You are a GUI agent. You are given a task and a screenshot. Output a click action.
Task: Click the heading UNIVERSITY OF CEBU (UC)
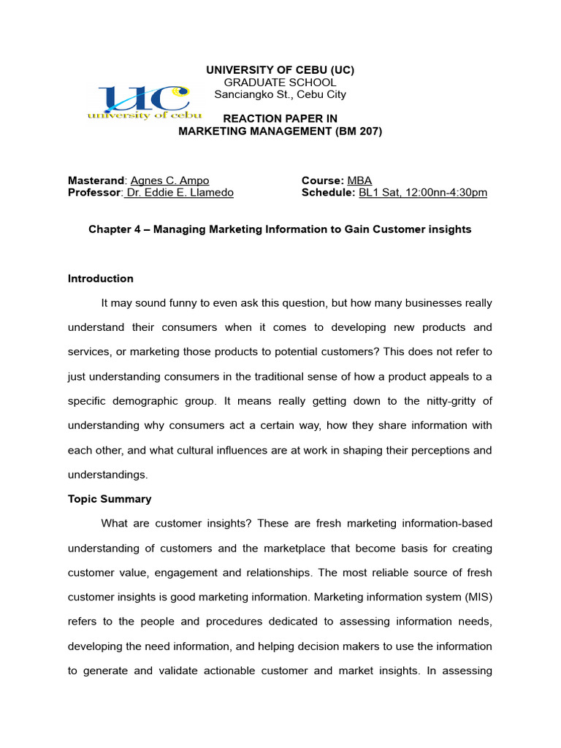(280, 70)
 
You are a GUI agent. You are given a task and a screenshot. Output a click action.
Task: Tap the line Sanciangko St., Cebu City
(280, 94)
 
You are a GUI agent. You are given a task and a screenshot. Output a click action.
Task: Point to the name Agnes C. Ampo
(169, 180)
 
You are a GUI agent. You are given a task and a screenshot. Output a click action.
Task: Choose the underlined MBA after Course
(359, 180)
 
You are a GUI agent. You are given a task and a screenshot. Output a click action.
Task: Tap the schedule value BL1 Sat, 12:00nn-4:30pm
(422, 193)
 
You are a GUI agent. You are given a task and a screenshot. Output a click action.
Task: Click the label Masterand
(96, 180)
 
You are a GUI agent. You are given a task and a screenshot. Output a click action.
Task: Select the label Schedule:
(328, 193)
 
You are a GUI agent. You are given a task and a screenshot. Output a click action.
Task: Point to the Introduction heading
(101, 278)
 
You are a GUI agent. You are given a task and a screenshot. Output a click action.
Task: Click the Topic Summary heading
(110, 499)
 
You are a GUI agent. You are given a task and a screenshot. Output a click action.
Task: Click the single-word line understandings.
(107, 475)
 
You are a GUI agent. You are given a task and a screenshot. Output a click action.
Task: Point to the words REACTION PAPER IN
(280, 119)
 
